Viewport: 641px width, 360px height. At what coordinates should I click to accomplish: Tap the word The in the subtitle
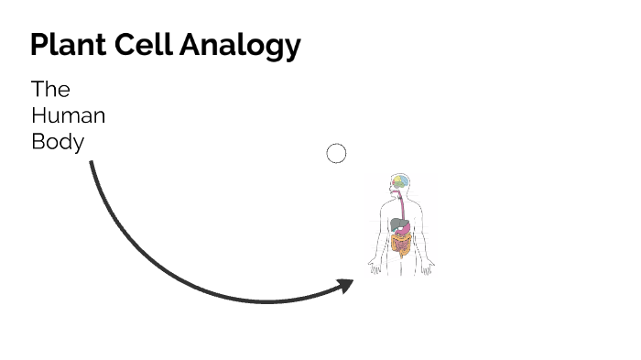[50, 90]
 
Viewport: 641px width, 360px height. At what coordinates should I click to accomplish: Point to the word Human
[68, 116]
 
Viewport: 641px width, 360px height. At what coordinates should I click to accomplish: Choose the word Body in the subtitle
[58, 143]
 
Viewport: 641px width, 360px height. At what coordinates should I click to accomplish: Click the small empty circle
[336, 154]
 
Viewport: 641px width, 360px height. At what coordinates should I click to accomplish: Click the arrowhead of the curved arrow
[345, 286]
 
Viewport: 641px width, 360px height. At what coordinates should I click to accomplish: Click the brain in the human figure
[401, 181]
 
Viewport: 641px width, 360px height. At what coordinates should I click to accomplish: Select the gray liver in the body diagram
[395, 223]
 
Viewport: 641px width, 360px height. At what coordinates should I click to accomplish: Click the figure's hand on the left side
[373, 267]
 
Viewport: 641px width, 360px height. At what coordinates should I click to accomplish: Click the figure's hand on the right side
[430, 268]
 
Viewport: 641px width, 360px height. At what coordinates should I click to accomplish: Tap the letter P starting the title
[39, 45]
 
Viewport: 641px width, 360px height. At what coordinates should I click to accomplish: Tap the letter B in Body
[38, 143]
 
